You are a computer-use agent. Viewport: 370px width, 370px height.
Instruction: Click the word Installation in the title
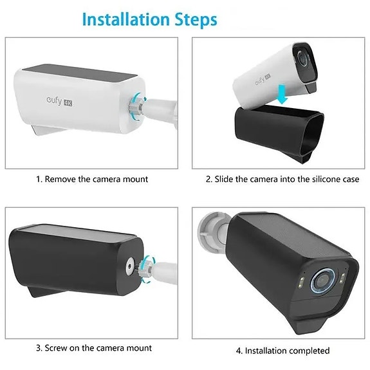coord(126,19)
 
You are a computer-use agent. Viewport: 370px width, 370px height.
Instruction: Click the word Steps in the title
coord(196,20)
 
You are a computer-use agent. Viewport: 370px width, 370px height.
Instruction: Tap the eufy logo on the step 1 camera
coord(54,100)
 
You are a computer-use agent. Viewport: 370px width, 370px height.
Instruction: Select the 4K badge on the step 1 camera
coord(68,103)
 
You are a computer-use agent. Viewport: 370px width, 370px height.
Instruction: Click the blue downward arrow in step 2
coord(282,95)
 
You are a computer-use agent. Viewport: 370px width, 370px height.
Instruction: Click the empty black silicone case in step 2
coord(279,133)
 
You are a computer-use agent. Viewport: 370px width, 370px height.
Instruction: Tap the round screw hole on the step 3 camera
coord(129,266)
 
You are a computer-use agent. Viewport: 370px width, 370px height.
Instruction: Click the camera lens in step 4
coord(321,281)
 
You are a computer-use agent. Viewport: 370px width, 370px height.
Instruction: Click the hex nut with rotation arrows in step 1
coord(135,107)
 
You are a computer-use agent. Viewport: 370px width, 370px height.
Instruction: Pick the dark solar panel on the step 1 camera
coord(80,72)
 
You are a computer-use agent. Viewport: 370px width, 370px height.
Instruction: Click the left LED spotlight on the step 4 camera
coord(302,281)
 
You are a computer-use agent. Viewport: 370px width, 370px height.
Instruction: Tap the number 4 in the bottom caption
coord(239,351)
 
